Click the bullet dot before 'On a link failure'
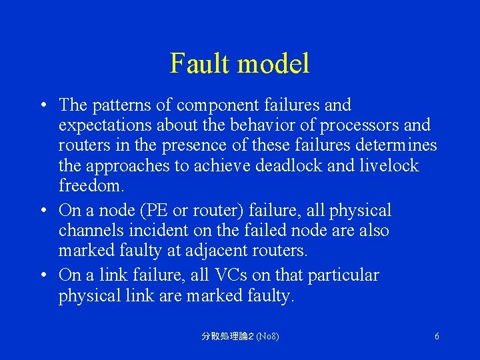[42, 275]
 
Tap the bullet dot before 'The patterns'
[42, 105]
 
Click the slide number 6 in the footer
[437, 337]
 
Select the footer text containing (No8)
[240, 337]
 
